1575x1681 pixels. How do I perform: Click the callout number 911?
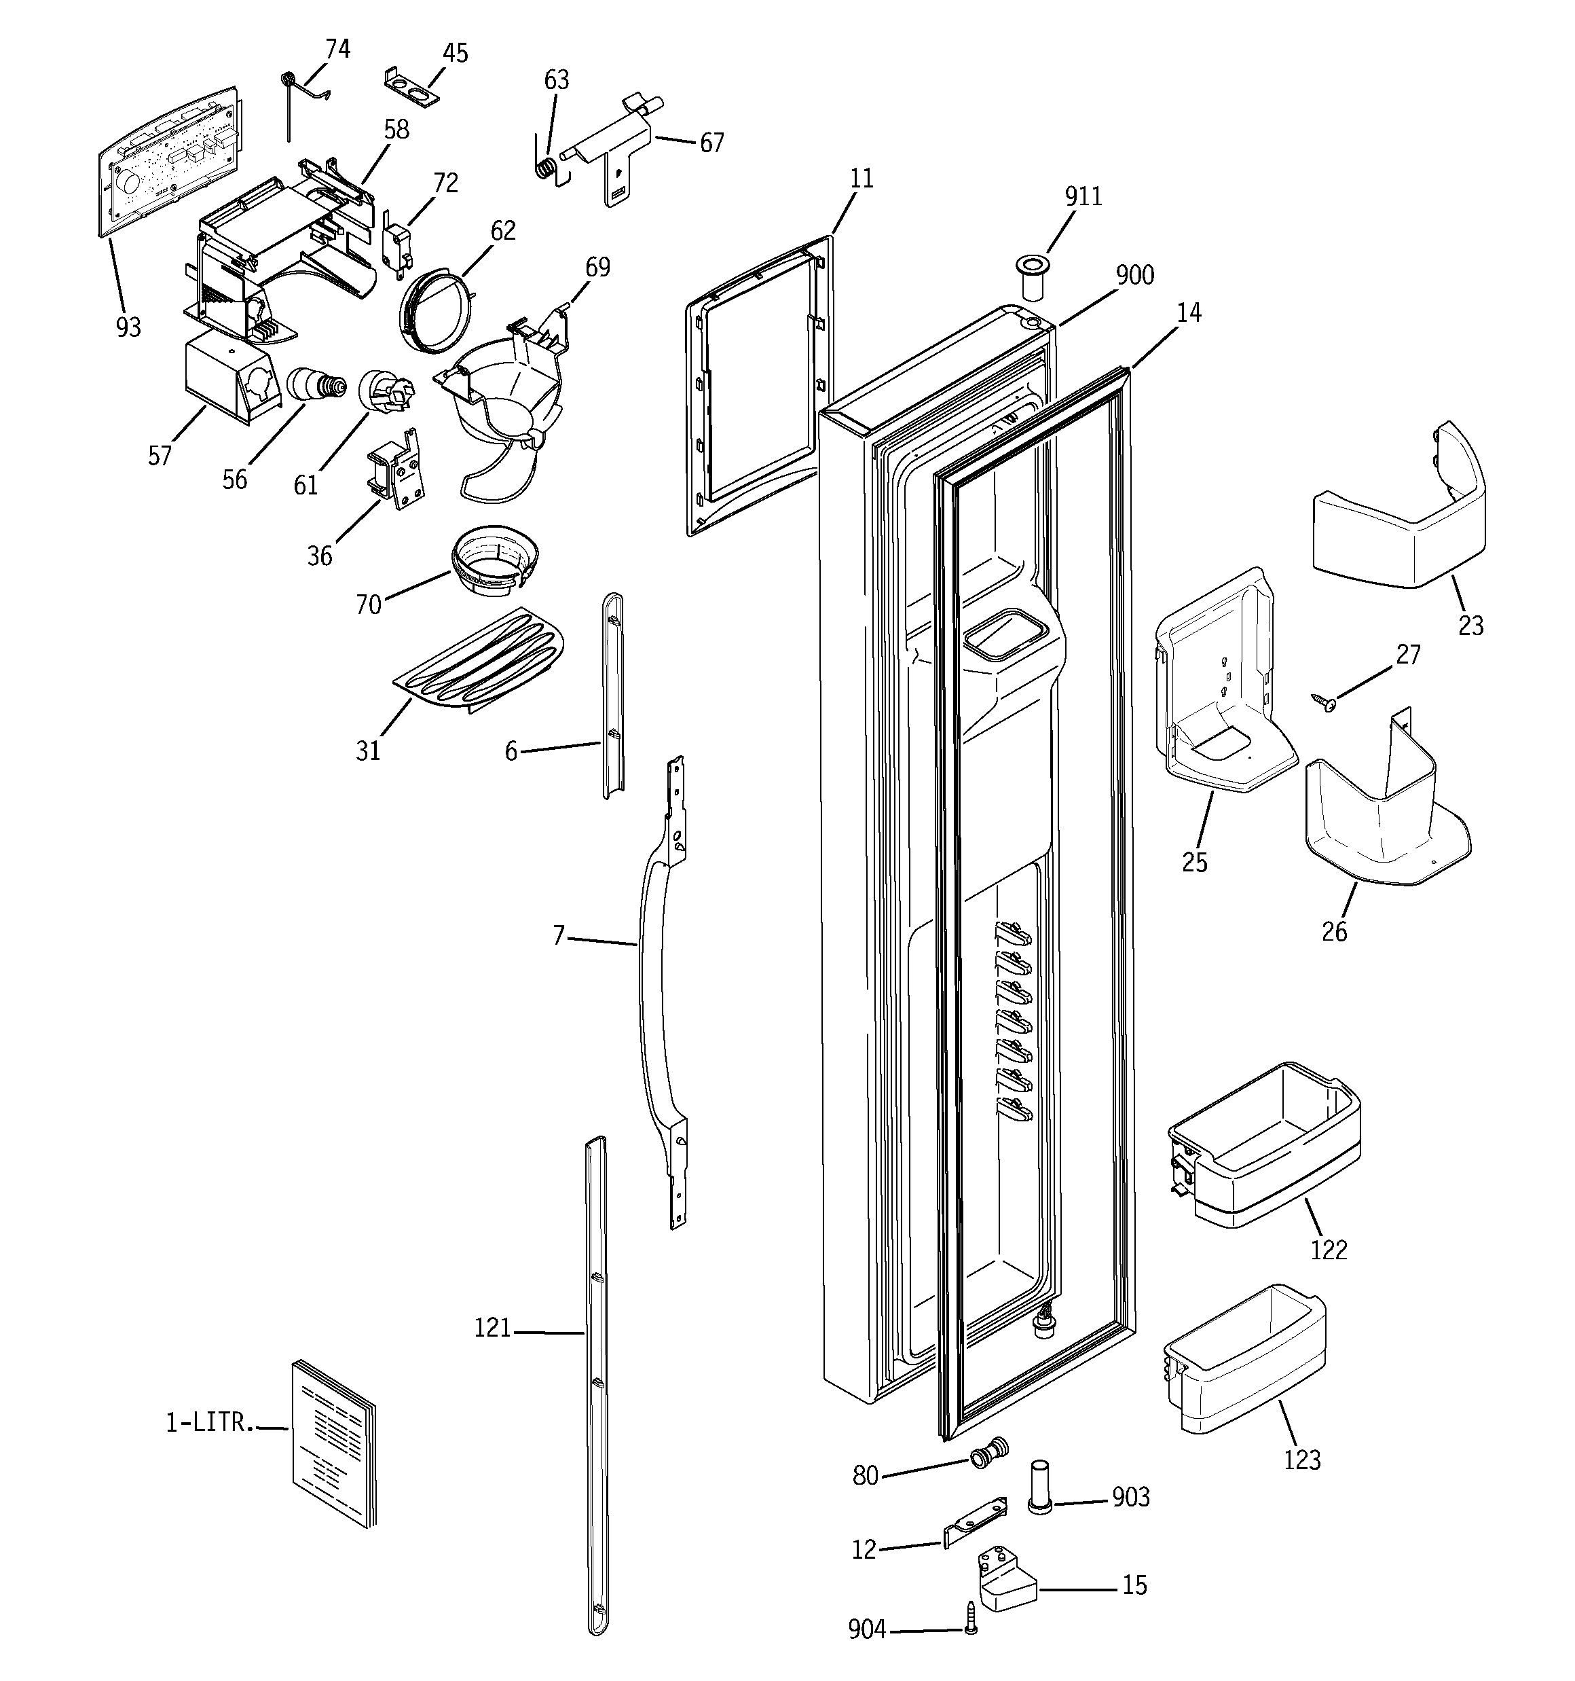[x=1083, y=196]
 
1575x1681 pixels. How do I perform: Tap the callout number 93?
[x=128, y=327]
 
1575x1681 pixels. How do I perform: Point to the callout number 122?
[x=1328, y=1249]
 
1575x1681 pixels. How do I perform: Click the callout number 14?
[x=1189, y=313]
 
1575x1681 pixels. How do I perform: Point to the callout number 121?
[x=492, y=1328]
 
